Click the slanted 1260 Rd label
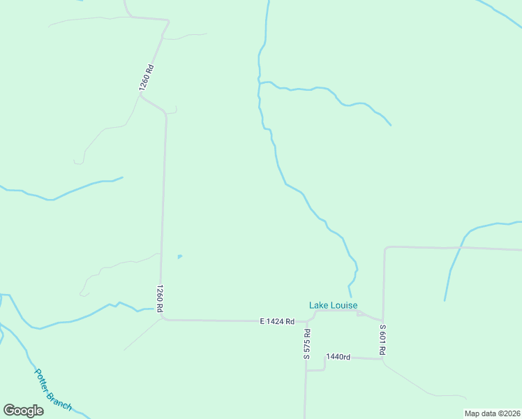click(147, 78)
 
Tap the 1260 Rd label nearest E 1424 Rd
click(160, 298)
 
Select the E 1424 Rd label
click(277, 321)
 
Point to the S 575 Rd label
click(306, 344)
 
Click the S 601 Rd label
click(382, 340)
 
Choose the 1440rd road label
click(338, 357)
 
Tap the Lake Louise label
click(334, 305)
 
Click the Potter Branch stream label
click(53, 389)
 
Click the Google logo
click(24, 410)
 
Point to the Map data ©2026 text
click(492, 413)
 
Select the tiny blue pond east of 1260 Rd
click(180, 257)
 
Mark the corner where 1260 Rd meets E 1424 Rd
click(163, 319)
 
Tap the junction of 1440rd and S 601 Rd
click(382, 358)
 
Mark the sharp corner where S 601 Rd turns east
click(385, 247)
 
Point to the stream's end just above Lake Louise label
click(350, 296)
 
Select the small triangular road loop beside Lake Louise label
click(361, 314)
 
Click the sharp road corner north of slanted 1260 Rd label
click(168, 21)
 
